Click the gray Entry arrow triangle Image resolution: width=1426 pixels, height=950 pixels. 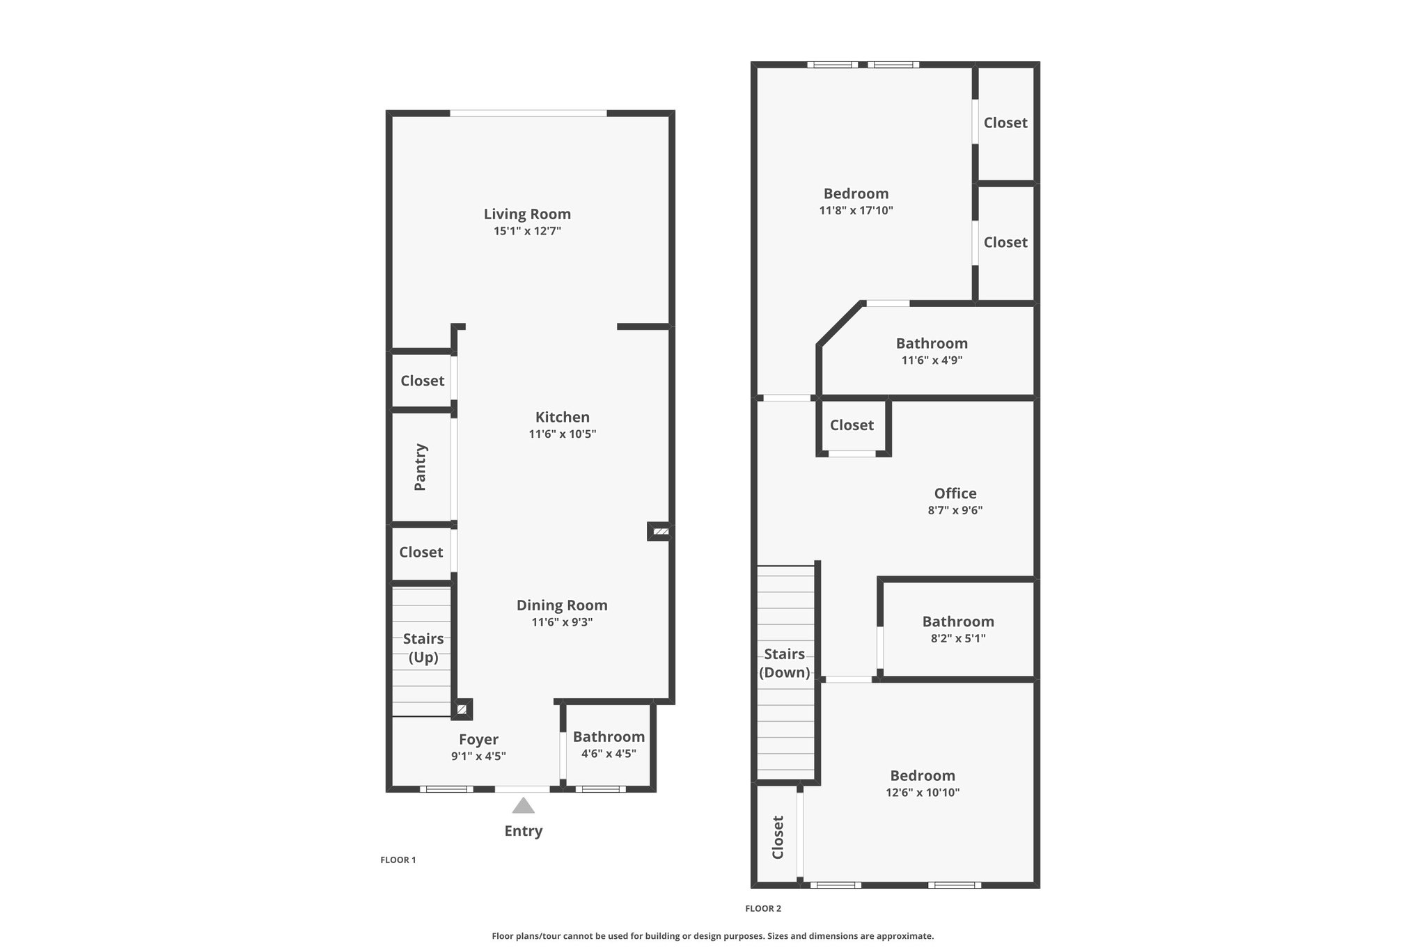click(524, 806)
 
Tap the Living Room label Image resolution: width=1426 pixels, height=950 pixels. click(527, 214)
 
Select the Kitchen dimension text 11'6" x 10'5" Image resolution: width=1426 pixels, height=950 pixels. click(563, 434)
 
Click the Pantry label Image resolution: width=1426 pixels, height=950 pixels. click(421, 467)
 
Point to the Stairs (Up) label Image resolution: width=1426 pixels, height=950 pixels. click(423, 648)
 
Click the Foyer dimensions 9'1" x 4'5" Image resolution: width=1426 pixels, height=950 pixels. click(478, 757)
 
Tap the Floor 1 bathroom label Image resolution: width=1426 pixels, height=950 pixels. click(609, 737)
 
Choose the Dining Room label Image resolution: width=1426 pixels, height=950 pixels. click(562, 605)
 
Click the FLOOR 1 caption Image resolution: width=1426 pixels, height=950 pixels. click(398, 860)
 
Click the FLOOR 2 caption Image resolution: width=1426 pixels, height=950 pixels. click(763, 909)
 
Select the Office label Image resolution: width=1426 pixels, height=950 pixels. click(955, 493)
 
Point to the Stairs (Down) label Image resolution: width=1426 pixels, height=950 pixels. click(785, 663)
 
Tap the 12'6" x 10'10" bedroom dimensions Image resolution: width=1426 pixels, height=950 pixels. click(923, 793)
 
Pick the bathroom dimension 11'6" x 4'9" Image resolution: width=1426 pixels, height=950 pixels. click(932, 361)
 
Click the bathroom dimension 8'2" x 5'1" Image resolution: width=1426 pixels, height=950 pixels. click(958, 638)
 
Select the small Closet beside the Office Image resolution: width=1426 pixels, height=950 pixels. click(852, 425)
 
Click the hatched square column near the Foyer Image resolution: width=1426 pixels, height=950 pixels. click(462, 710)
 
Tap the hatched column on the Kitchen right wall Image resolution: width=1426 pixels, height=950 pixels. click(660, 532)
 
